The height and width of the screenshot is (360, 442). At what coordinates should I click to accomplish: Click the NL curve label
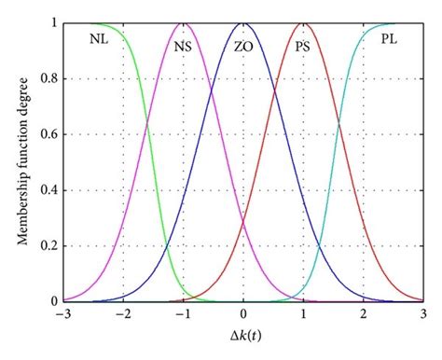tap(99, 41)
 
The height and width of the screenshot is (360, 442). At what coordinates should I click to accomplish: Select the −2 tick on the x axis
tap(122, 315)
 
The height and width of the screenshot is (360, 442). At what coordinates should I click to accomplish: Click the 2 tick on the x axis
tap(364, 315)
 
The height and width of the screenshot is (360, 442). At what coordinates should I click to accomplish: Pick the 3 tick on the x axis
tap(423, 315)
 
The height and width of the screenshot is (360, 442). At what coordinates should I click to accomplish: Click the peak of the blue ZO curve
tap(243, 23)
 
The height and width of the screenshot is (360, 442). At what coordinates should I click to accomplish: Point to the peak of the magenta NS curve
tap(184, 23)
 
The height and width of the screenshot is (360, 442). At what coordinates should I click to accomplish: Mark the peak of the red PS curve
tap(304, 23)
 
